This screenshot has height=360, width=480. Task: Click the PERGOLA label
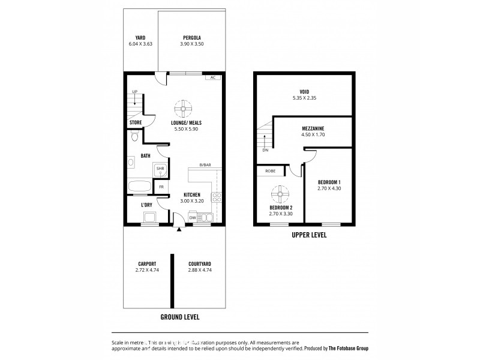pos(191,37)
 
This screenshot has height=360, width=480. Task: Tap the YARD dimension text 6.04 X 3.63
pos(141,44)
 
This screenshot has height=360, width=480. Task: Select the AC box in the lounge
pos(212,77)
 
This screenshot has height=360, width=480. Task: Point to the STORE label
pos(136,122)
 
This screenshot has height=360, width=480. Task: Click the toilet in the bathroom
pos(135,137)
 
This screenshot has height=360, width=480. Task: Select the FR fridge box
pos(161,187)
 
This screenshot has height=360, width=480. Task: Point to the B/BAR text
pos(206,164)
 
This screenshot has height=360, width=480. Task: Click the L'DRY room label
pos(146,205)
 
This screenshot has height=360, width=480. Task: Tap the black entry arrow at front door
pos(179,229)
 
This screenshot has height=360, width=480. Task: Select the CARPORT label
pos(147,263)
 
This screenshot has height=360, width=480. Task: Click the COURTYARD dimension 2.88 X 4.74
pos(200,270)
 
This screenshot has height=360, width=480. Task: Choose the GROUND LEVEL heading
pos(179,317)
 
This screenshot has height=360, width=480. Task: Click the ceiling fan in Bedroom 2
pos(278,194)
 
